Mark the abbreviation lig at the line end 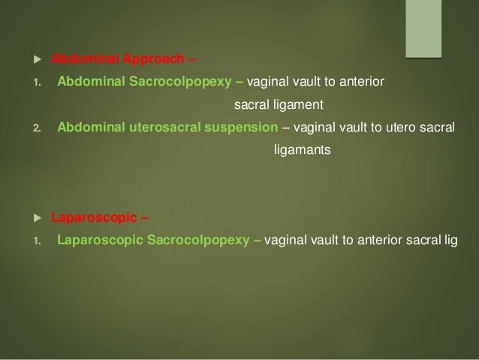pos(450,242)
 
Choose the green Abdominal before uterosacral pos(87,126)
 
